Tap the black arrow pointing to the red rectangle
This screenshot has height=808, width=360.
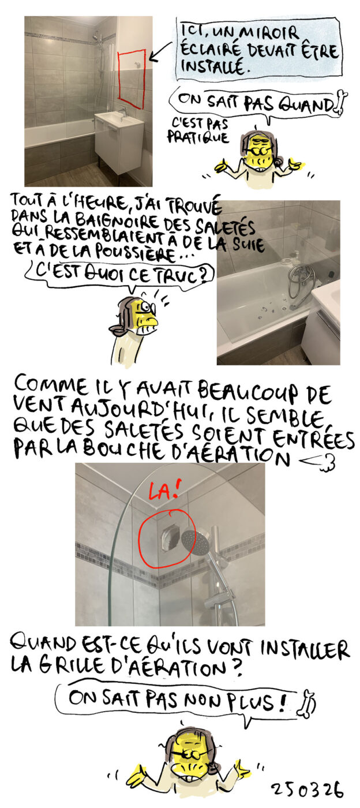click(x=160, y=51)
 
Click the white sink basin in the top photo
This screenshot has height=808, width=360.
click(x=115, y=118)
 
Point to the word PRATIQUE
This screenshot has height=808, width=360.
click(x=198, y=137)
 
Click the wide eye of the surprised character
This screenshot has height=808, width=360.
click(x=147, y=306)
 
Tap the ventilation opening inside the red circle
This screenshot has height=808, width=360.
click(x=170, y=538)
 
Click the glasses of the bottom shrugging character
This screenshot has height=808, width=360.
click(x=189, y=753)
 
